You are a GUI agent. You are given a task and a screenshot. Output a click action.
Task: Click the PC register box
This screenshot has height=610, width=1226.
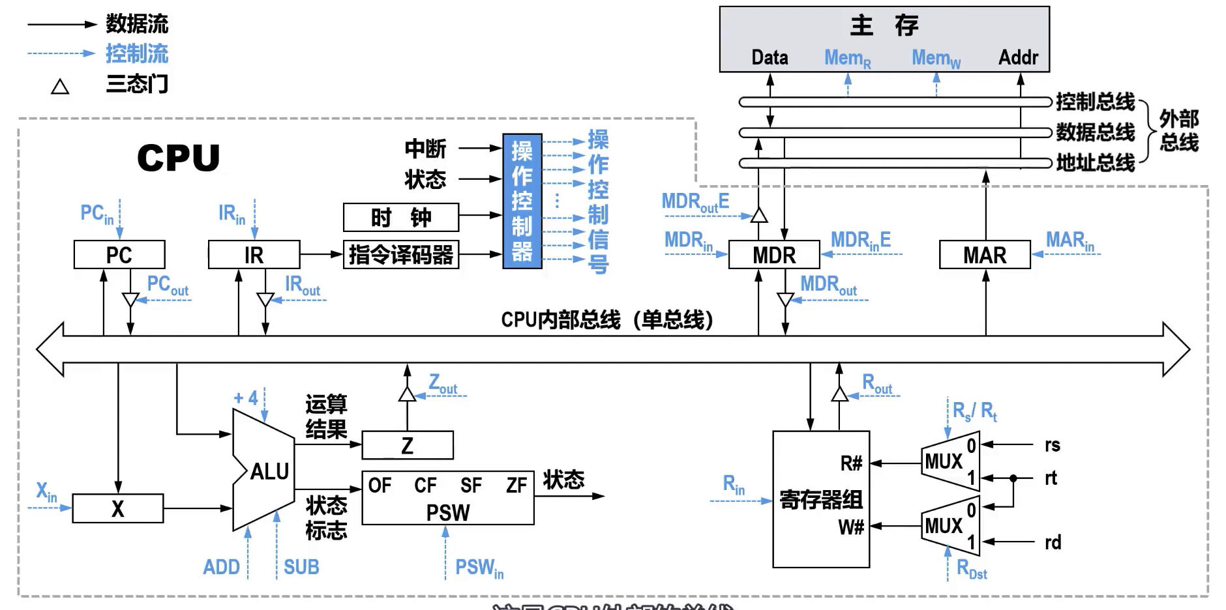pos(119,255)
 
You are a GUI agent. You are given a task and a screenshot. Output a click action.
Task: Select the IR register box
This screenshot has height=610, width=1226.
pos(254,255)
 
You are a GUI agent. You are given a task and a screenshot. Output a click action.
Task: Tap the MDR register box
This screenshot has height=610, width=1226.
pos(774,255)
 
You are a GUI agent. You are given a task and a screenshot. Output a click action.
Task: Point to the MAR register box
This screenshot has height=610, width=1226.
pos(985,255)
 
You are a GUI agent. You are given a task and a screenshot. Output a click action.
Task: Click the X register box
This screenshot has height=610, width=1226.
pos(117,508)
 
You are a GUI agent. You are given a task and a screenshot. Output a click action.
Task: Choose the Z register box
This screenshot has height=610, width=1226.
pos(408,446)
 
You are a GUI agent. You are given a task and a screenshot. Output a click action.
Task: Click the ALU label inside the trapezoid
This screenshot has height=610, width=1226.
pos(269,471)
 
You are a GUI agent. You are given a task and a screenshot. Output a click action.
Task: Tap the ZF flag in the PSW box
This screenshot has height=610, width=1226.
pos(516,486)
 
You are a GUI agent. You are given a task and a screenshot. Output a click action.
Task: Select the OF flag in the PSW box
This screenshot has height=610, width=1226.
pos(380,486)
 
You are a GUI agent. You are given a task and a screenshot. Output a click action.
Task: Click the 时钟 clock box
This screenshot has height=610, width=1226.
pos(401,217)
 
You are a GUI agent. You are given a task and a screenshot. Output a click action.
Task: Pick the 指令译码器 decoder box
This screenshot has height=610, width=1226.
pos(401,255)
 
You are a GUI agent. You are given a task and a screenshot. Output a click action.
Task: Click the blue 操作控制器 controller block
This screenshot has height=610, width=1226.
pos(522,201)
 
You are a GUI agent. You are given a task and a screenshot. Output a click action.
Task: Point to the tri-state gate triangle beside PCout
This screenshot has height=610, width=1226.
pos(130,300)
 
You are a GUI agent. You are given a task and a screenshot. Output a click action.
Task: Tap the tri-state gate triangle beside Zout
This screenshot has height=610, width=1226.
pos(407,394)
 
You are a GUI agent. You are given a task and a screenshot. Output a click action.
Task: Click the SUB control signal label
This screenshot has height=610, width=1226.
pos(301,567)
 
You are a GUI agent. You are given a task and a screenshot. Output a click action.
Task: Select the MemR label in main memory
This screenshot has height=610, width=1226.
pos(847,58)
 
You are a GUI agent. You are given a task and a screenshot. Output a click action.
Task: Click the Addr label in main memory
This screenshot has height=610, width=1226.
pos(1018,57)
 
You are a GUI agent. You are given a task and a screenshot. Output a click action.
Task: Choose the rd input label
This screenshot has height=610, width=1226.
pos(1053,542)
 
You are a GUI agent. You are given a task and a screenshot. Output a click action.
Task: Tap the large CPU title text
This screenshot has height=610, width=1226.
pos(178,158)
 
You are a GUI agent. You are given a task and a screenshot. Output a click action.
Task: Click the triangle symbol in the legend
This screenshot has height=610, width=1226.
pos(60,87)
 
